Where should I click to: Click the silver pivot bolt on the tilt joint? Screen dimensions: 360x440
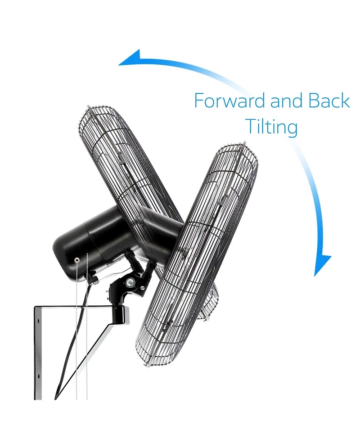130,282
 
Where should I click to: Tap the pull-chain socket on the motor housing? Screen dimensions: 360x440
76,260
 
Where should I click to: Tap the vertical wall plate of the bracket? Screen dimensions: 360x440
38,353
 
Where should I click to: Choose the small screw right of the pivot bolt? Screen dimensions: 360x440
143,288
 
